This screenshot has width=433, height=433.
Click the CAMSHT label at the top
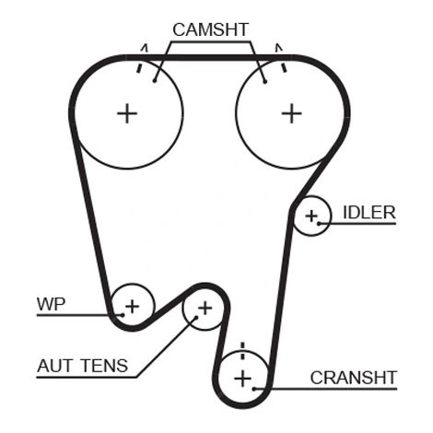(x=210, y=29)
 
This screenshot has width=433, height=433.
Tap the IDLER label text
(x=369, y=213)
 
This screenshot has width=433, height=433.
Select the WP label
(x=51, y=304)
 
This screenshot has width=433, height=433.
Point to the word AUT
(x=55, y=366)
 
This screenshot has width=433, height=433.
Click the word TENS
(x=105, y=366)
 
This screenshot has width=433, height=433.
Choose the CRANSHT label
(x=354, y=378)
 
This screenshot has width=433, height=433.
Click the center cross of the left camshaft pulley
(x=127, y=113)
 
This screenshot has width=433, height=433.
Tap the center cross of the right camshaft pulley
(x=292, y=113)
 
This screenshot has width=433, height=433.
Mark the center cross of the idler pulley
(x=311, y=216)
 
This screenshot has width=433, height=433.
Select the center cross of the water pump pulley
(x=133, y=307)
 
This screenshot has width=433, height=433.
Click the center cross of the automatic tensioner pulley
(x=205, y=309)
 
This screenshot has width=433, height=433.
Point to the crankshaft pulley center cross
(x=243, y=379)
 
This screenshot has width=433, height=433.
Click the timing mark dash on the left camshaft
(x=139, y=68)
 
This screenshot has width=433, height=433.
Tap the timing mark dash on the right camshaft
(x=284, y=67)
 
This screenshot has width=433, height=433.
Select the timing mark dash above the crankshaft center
(x=243, y=351)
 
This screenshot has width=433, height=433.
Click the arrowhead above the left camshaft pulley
(x=145, y=48)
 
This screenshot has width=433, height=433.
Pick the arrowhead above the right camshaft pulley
(x=279, y=48)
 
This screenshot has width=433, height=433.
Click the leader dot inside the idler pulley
(x=319, y=224)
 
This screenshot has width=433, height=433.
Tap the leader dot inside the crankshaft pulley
(x=254, y=389)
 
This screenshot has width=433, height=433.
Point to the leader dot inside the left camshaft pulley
(x=155, y=81)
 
